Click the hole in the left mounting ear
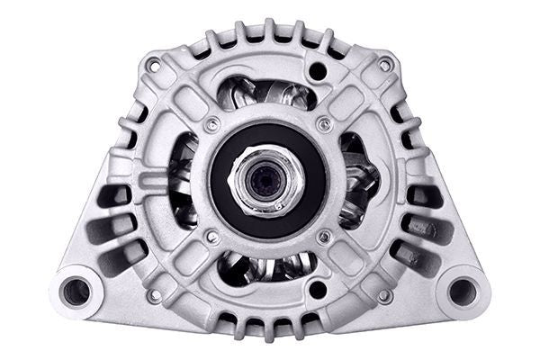point(77,291)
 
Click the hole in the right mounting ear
point(462,290)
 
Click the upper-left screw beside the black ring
point(211,124)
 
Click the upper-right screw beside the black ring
point(324,124)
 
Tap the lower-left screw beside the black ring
point(212,238)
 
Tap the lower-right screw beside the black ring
point(324,238)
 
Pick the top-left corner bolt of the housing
point(155,65)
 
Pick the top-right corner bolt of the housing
point(384,65)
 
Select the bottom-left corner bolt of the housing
point(155,294)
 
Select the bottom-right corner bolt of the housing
point(384,294)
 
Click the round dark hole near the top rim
point(317,70)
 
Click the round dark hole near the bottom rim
point(317,291)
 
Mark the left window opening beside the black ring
point(184,180)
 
